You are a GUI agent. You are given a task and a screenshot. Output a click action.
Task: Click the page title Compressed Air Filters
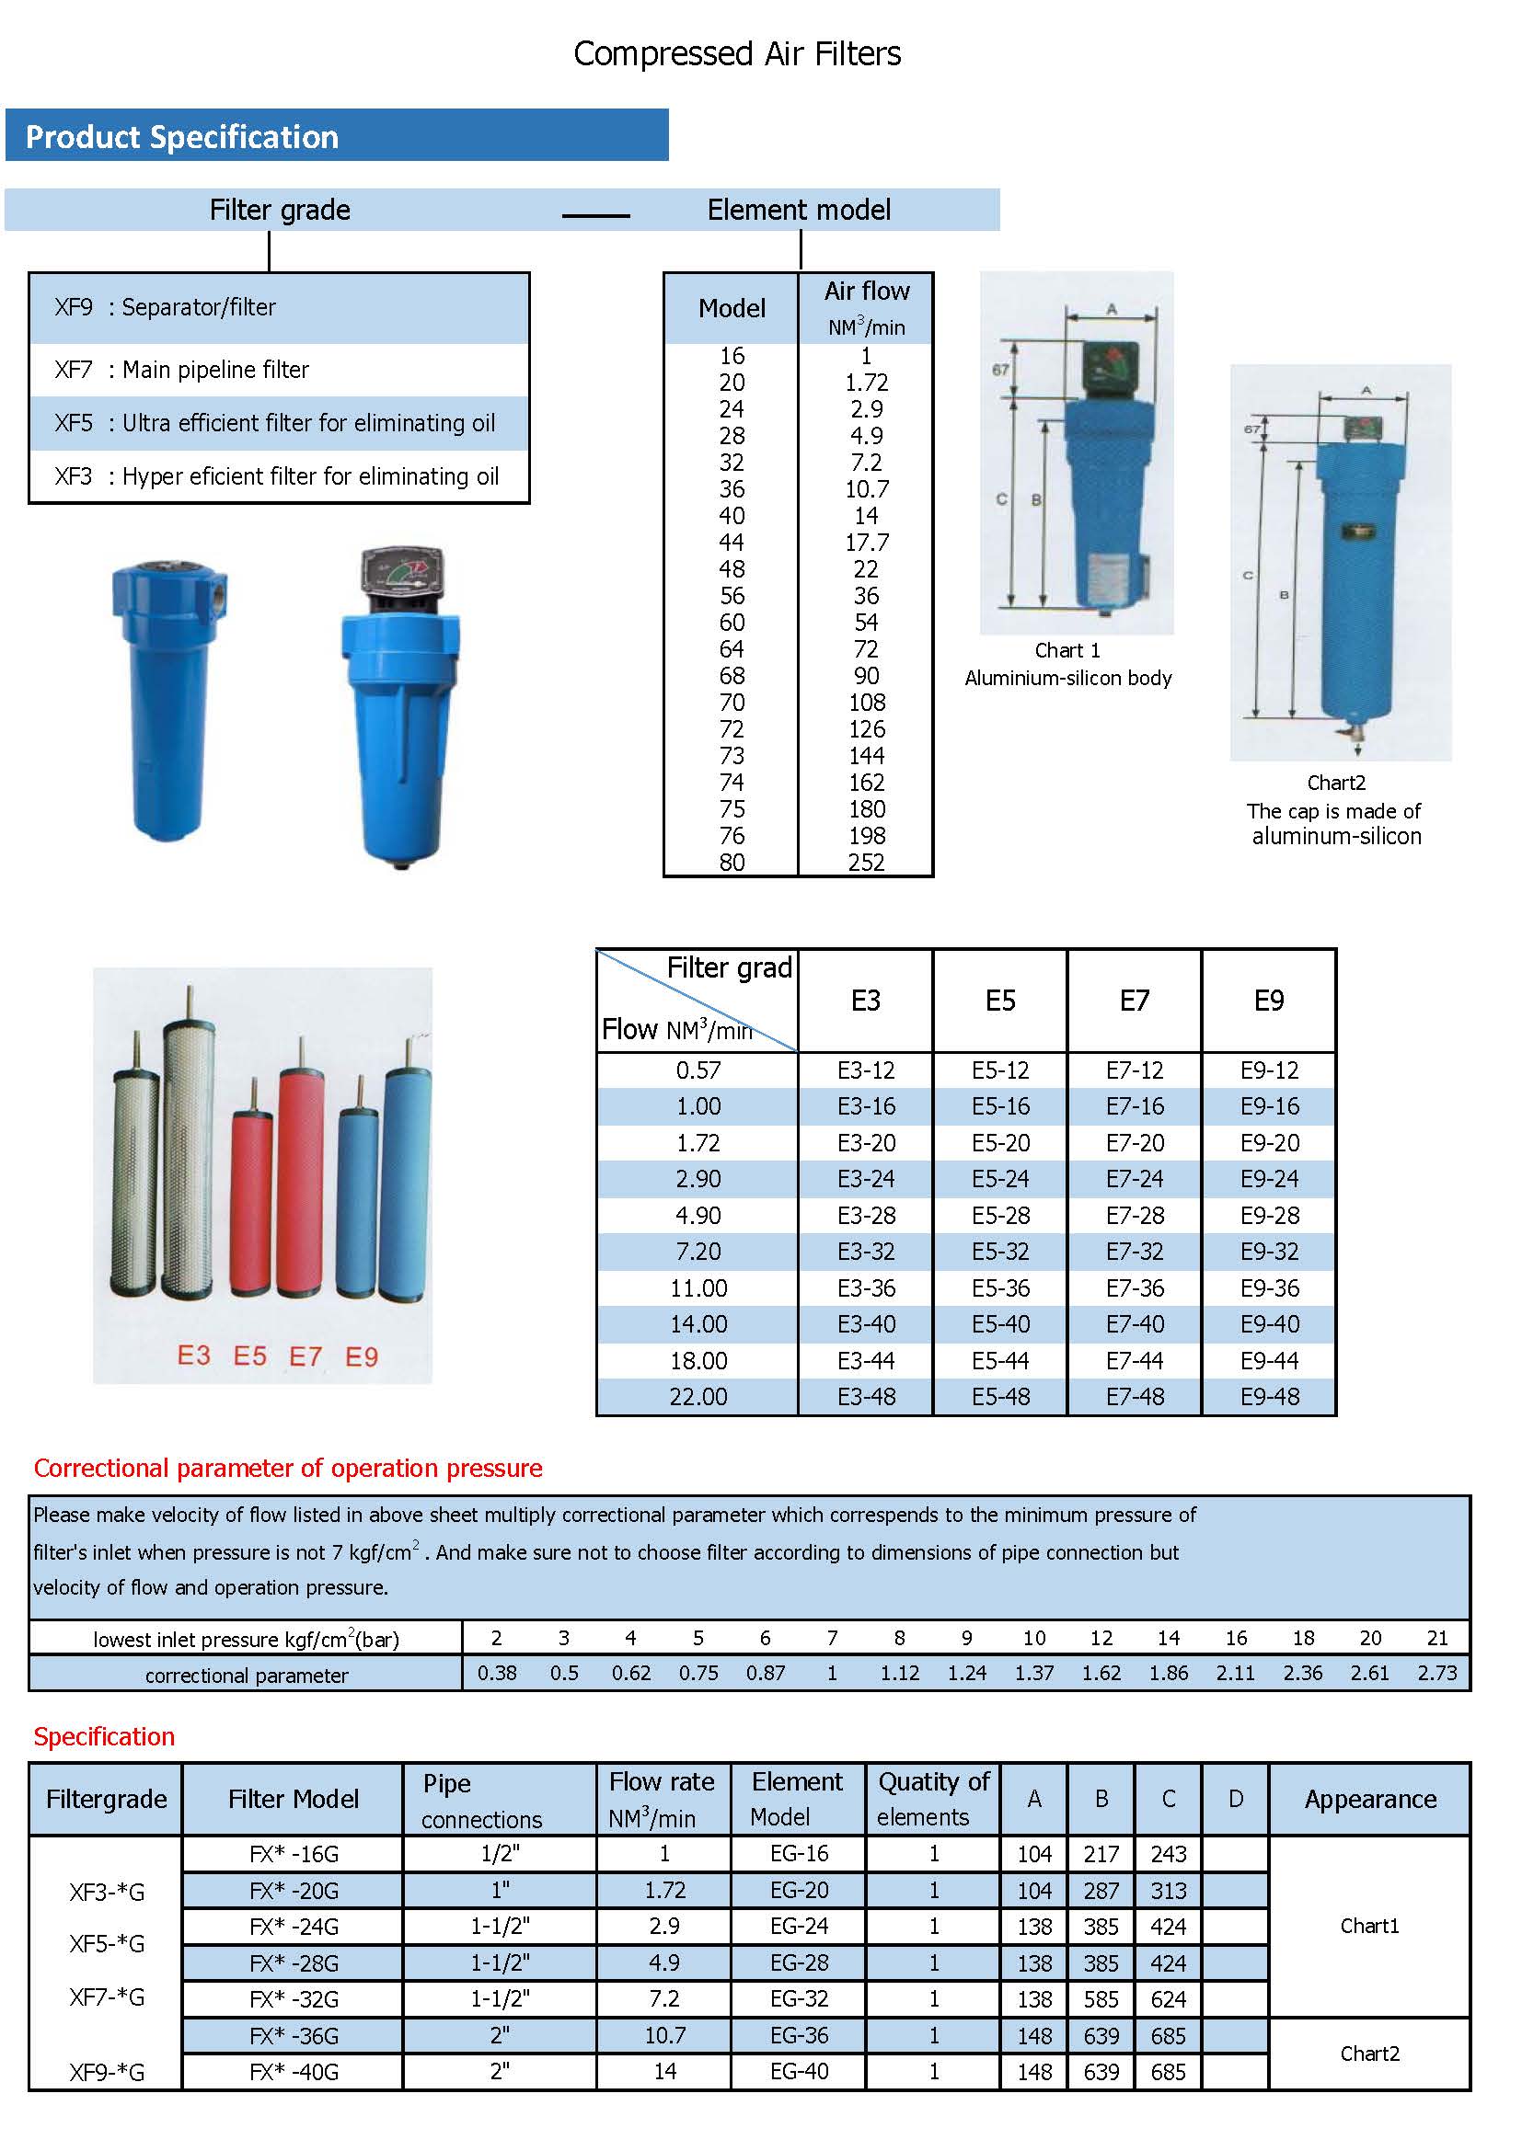[737, 54]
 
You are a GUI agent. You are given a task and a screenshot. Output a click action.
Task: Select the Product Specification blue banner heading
[182, 137]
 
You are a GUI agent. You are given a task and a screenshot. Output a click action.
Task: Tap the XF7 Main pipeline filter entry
[182, 370]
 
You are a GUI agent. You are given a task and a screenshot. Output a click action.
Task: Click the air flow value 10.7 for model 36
[866, 489]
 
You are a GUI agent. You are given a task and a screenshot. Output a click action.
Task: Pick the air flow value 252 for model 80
[866, 862]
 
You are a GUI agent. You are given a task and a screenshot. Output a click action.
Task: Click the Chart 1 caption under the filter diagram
[1067, 650]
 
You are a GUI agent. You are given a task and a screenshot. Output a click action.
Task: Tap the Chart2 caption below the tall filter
[1335, 783]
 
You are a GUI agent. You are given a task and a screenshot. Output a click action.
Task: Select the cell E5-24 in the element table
[1000, 1179]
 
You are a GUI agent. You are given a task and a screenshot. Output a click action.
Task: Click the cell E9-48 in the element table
[1269, 1397]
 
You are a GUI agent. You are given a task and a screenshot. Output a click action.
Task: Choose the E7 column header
[1134, 1001]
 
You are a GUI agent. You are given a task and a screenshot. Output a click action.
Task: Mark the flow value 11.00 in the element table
[698, 1288]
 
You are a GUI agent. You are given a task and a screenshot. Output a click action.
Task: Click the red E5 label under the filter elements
[249, 1356]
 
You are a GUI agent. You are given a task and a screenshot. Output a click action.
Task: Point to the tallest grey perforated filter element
[188, 1152]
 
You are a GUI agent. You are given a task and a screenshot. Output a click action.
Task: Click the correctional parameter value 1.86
[1168, 1673]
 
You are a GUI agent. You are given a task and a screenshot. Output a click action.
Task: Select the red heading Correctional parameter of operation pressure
[288, 1468]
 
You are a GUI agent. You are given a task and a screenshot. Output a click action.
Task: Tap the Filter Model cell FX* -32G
[294, 1999]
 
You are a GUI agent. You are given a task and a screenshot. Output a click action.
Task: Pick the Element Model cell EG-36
[799, 2035]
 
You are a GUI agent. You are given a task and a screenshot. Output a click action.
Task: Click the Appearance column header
[1369, 1799]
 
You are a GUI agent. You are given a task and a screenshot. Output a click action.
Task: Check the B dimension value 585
[1101, 1999]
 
